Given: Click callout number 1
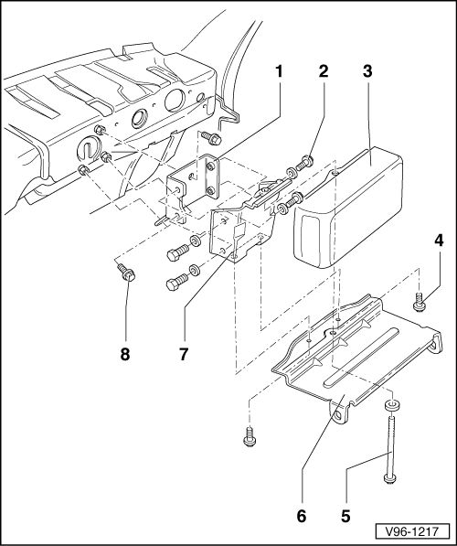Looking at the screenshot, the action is [279, 71].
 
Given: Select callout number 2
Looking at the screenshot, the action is [324, 71].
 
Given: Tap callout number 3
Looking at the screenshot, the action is [367, 71].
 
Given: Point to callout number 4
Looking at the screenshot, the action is [440, 241].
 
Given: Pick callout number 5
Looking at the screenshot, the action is [345, 516].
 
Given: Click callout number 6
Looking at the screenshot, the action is [302, 516].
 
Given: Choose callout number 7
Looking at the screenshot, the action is [184, 355].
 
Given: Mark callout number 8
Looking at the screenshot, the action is [125, 355].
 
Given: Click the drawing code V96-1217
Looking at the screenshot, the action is [412, 531].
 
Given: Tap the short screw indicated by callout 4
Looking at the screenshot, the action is [419, 302].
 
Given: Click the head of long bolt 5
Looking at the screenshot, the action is [389, 478].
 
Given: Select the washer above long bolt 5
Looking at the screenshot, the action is [392, 405].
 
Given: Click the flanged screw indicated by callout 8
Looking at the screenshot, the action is [127, 273].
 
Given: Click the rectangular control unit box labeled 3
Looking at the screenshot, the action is [348, 208].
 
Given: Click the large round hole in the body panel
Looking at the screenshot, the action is [176, 100].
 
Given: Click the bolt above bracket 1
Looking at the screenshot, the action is [210, 138].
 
